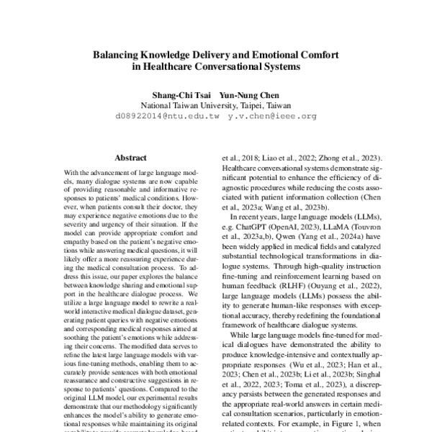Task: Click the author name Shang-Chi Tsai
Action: tap(178, 94)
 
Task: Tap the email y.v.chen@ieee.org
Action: tap(271, 115)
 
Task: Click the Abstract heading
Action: tap(130, 158)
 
